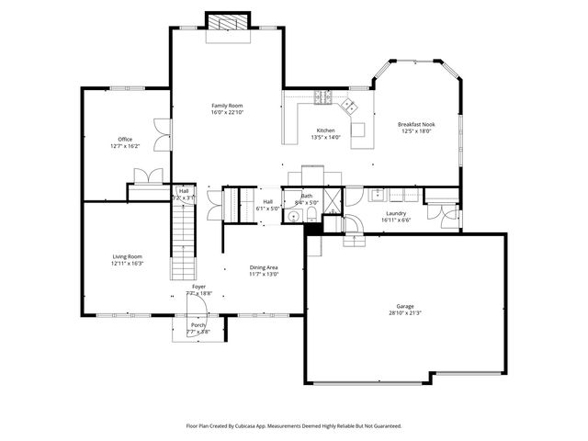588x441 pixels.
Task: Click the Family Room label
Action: (227, 106)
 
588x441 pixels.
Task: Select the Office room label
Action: (125, 139)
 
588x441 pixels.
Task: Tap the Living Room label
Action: (127, 256)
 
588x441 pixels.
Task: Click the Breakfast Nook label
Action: (415, 124)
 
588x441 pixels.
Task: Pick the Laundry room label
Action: (396, 213)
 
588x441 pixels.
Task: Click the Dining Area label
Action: (264, 267)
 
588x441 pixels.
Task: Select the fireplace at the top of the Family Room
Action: (227, 22)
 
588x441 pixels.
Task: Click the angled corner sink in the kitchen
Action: (350, 107)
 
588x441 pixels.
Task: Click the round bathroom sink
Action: (291, 216)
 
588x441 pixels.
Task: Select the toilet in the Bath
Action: (311, 215)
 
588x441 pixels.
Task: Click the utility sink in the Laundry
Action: (378, 195)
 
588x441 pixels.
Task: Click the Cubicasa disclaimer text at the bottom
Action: (294, 425)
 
